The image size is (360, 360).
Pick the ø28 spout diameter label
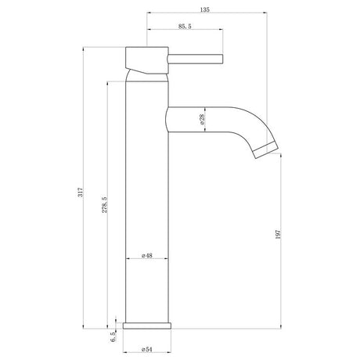coord(202,120)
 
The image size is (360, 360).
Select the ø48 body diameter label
coord(146,255)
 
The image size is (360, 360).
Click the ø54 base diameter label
coord(146,348)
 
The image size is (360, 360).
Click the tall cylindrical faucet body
coord(147,196)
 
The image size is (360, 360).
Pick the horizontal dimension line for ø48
coord(147,261)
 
